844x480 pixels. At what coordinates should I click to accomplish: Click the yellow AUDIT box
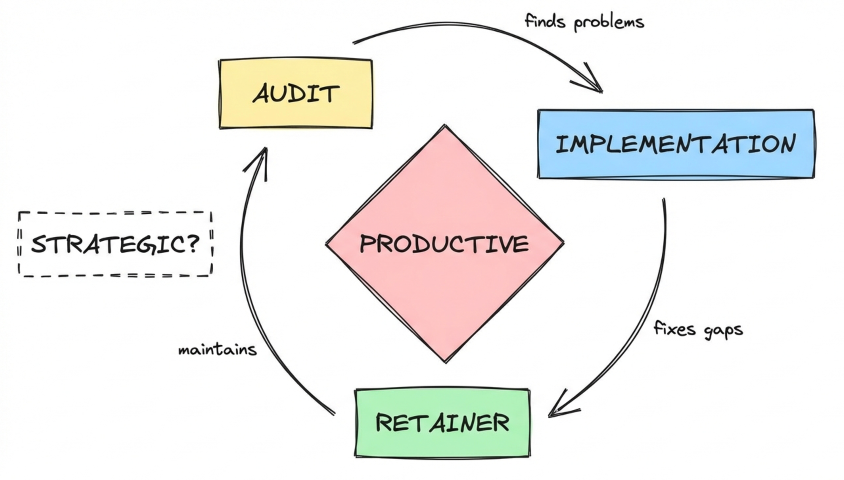tap(295, 93)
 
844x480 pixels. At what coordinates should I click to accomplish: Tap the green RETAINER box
tap(442, 423)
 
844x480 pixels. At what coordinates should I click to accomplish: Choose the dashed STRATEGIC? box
tap(115, 244)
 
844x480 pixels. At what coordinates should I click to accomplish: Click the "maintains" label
tap(217, 350)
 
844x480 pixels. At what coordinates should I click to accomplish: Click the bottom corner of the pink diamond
tap(446, 361)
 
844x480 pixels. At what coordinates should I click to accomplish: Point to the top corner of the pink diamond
tap(444, 126)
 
